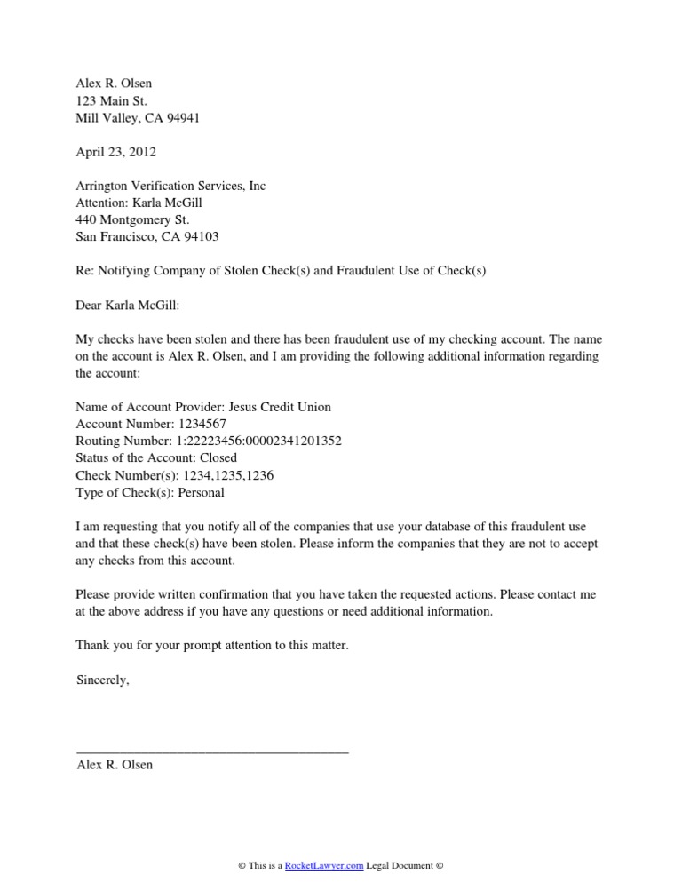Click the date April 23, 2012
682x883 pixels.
pyautogui.click(x=116, y=153)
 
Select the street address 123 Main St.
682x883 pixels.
pyautogui.click(x=112, y=101)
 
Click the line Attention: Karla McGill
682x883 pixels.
pyautogui.click(x=146, y=203)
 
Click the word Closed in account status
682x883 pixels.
pyautogui.click(x=217, y=458)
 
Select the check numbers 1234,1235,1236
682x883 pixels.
pyautogui.click(x=228, y=475)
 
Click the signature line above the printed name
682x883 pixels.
pyautogui.click(x=213, y=752)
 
